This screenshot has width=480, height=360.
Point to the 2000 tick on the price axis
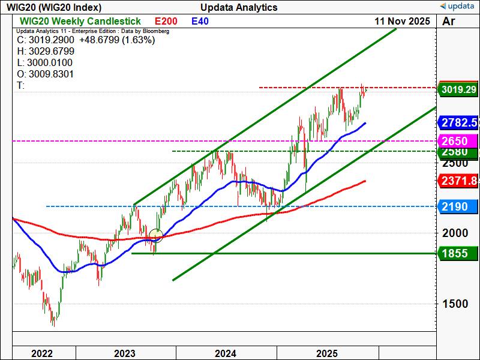(x=454, y=233)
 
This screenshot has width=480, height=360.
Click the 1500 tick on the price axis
(x=454, y=304)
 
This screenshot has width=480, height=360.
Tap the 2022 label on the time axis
(x=42, y=353)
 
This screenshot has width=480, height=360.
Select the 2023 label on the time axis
(x=125, y=353)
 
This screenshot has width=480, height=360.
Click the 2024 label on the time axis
(x=226, y=353)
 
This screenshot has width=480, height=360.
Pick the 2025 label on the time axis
(x=328, y=353)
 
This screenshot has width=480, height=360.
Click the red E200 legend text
(x=166, y=21)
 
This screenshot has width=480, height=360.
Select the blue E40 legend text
(x=200, y=21)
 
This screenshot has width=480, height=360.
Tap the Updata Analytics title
(x=239, y=7)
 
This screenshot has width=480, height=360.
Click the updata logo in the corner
(x=458, y=7)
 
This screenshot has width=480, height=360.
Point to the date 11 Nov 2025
(x=402, y=21)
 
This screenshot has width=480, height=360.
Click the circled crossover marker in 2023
(x=156, y=235)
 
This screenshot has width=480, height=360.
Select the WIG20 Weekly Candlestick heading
(x=74, y=21)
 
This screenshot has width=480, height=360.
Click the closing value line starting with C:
(x=86, y=40)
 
